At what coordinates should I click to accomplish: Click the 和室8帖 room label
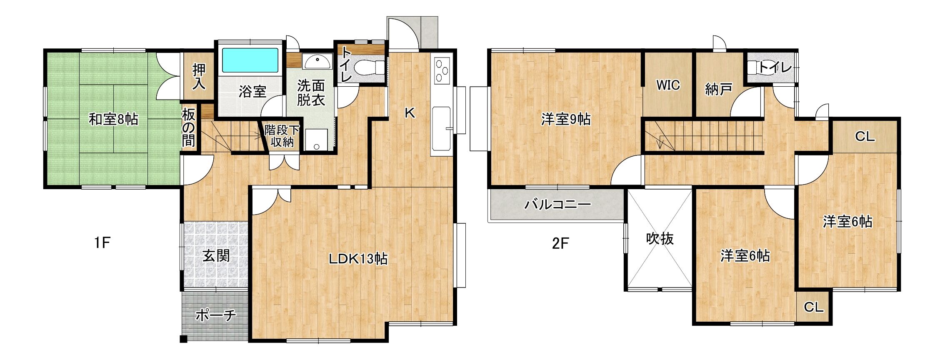113,120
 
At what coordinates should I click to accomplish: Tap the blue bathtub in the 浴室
250,60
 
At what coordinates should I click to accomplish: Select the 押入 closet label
199,77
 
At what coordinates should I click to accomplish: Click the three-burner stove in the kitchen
442,70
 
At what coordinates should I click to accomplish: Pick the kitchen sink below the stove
441,128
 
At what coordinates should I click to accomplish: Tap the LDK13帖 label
358,259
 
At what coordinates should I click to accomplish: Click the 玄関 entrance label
216,255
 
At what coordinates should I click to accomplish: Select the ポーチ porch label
215,315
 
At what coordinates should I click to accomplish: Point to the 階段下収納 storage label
282,136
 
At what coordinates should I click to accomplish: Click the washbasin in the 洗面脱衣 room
317,61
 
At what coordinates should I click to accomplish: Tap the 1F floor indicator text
102,242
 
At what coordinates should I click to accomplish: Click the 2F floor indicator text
560,243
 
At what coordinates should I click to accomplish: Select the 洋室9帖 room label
566,119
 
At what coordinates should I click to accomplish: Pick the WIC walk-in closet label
668,85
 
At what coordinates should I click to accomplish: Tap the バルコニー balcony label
557,204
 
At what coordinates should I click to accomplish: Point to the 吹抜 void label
660,239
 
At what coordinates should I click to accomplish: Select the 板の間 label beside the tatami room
188,128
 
